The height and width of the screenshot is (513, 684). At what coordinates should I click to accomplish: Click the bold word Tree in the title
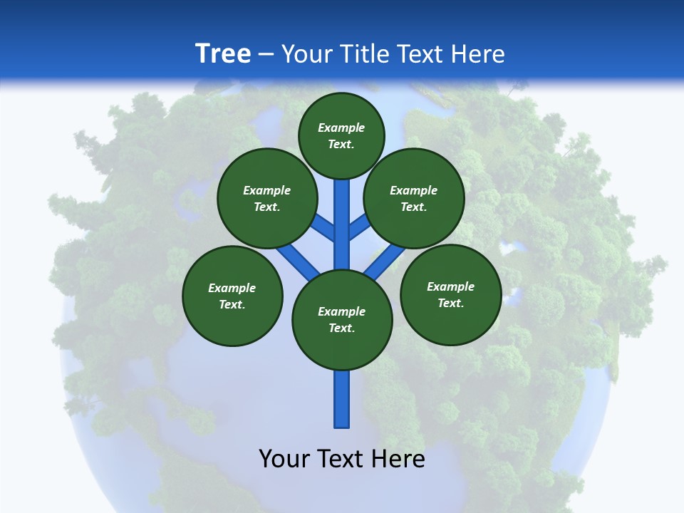pyautogui.click(x=223, y=53)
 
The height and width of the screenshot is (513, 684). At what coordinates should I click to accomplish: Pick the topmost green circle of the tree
pyautogui.click(x=341, y=135)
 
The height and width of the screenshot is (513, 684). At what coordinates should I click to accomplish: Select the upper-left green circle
pyautogui.click(x=267, y=198)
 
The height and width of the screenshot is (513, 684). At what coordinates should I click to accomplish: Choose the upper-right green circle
pyautogui.click(x=414, y=198)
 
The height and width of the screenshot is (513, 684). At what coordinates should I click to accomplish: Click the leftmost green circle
pyautogui.click(x=232, y=296)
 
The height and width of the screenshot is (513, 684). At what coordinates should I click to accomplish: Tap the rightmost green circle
pyautogui.click(x=450, y=294)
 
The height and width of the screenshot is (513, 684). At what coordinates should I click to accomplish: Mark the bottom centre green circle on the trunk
pyautogui.click(x=342, y=320)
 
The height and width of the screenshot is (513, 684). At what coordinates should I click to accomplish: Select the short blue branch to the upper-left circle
pyautogui.click(x=323, y=227)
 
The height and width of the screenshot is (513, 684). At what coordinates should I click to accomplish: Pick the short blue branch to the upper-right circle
pyautogui.click(x=359, y=226)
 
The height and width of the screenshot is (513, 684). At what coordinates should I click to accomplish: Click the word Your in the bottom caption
pyautogui.click(x=284, y=458)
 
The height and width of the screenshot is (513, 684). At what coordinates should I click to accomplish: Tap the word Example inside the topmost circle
pyautogui.click(x=341, y=128)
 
